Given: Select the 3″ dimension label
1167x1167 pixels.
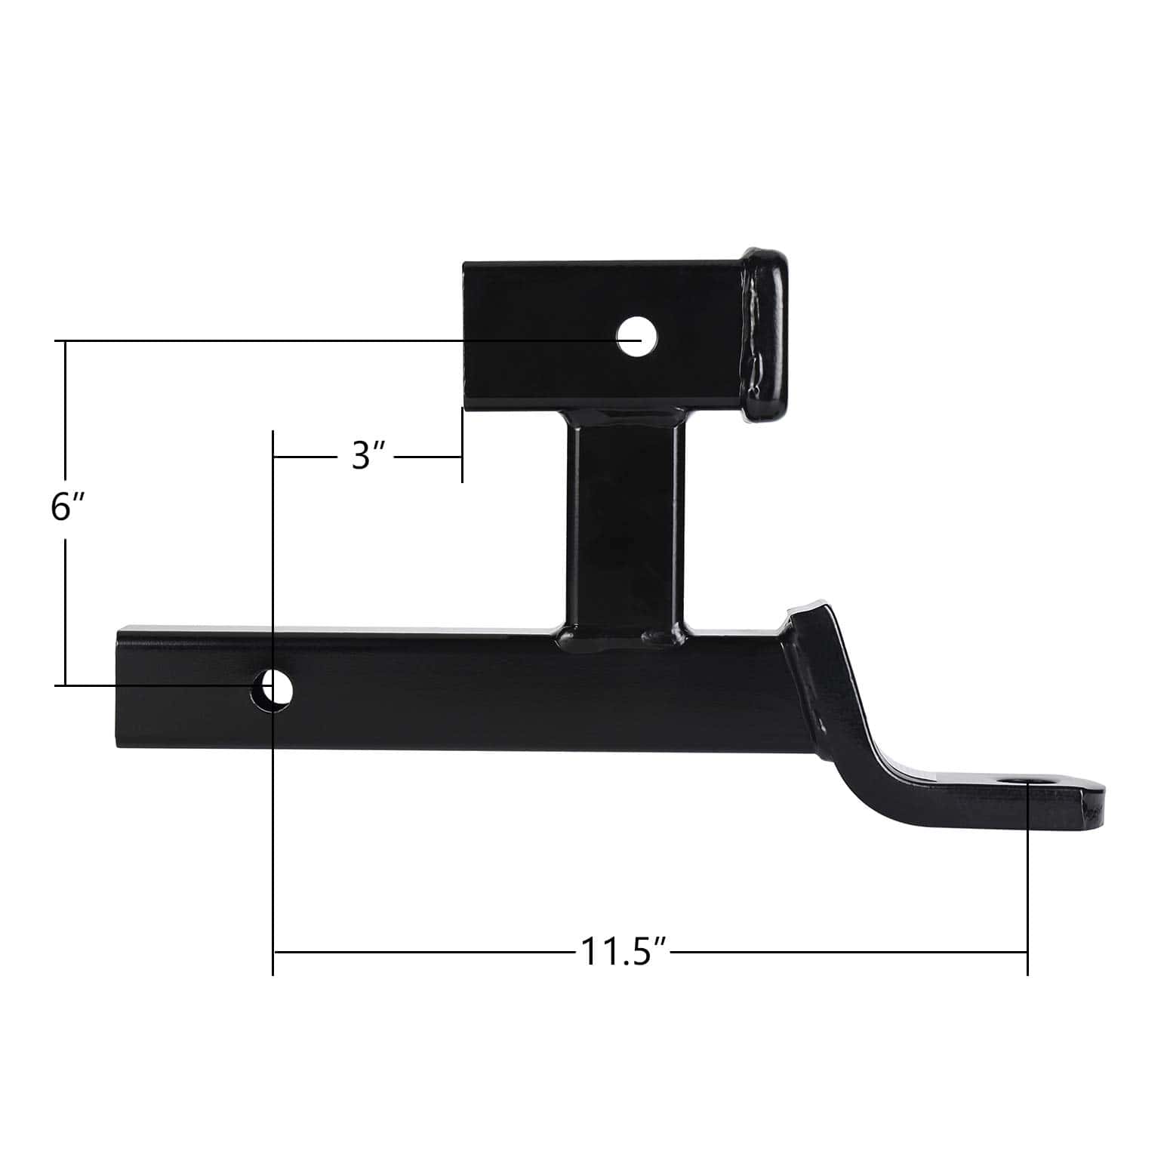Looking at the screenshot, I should coord(369,457).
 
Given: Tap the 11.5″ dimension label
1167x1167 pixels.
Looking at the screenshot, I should coord(624,953).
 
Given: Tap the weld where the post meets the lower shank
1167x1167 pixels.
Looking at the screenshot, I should coord(625,634).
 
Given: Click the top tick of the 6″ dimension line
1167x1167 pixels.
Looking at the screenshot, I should coord(66,342).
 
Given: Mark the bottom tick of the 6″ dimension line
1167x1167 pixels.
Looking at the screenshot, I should coord(66,685).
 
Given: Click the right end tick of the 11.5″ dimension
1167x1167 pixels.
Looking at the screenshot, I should coord(1027,953).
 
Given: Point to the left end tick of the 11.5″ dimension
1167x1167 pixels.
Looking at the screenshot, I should coord(273,953).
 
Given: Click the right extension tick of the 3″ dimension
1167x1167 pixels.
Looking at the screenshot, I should coord(462,445).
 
